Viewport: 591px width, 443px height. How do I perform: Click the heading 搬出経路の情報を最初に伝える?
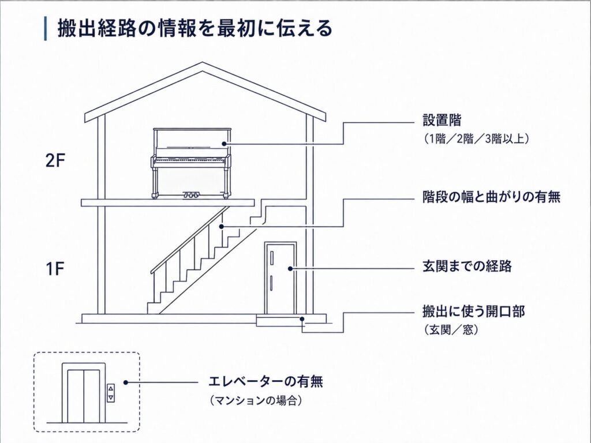tap(194, 29)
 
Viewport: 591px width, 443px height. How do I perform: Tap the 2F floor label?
tap(55, 162)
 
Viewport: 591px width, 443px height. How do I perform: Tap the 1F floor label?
tap(55, 269)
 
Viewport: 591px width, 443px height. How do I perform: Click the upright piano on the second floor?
tap(191, 163)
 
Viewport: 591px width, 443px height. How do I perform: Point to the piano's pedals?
tap(190, 195)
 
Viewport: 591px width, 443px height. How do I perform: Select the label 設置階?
tap(442, 121)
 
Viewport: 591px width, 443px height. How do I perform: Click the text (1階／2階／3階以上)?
tap(475, 139)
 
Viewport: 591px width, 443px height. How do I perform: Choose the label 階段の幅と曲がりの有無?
tap(491, 197)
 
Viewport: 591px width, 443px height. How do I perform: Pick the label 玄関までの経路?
tap(467, 266)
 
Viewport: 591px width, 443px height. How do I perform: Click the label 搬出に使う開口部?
tap(473, 312)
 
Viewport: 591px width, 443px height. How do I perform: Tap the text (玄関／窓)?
tap(450, 331)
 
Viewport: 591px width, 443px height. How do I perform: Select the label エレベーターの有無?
tap(265, 382)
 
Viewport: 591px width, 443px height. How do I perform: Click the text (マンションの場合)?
tap(256, 400)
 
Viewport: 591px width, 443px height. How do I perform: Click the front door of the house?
tap(280, 278)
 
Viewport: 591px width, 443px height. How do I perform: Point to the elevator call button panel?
tap(110, 393)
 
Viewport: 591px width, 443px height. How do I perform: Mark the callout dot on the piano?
tap(224, 144)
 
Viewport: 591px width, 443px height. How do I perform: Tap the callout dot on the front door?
tap(290, 269)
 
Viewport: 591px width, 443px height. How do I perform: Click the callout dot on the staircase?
tap(222, 226)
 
